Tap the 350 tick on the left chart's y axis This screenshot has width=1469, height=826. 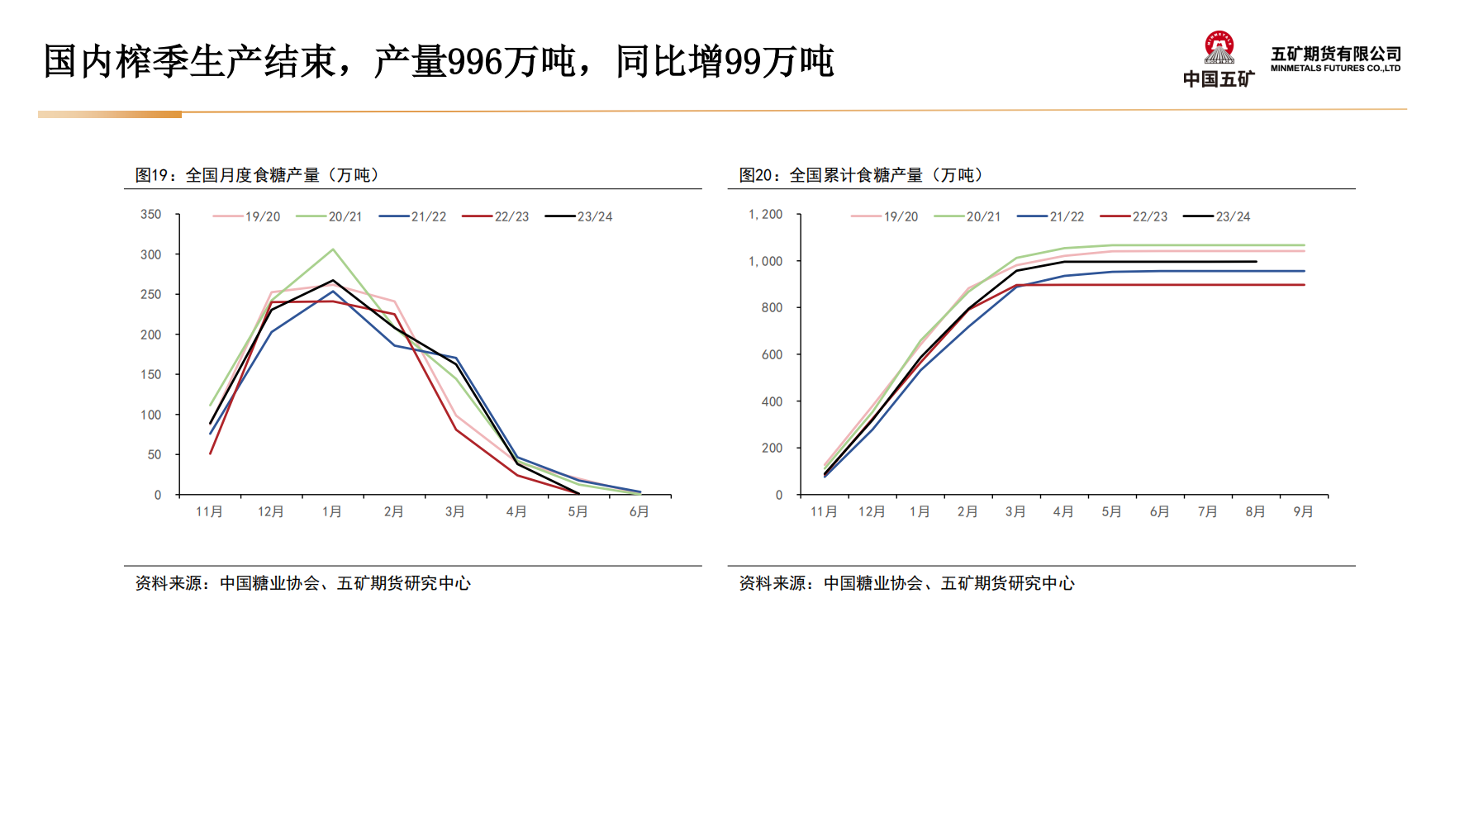tap(151, 215)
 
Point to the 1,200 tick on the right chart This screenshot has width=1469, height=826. tap(765, 215)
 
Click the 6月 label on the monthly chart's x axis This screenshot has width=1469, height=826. tap(639, 512)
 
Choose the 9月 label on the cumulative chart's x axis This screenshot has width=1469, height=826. tap(1303, 512)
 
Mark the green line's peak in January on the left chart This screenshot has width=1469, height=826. tap(333, 249)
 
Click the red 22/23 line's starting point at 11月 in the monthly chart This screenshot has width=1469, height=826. tap(211, 453)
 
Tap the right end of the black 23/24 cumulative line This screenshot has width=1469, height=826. tap(1256, 262)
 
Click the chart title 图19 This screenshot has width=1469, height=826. tap(257, 175)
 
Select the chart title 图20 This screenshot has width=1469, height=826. tap(861, 175)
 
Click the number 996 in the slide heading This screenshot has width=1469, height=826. tap(475, 63)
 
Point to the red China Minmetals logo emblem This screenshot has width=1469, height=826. tap(1219, 48)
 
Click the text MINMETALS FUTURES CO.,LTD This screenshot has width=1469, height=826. tap(1335, 69)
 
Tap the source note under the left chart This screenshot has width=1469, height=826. tap(302, 583)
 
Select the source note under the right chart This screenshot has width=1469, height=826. tap(906, 583)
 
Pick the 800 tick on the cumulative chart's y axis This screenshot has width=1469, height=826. tap(772, 308)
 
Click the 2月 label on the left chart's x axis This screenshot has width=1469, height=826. tap(393, 512)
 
